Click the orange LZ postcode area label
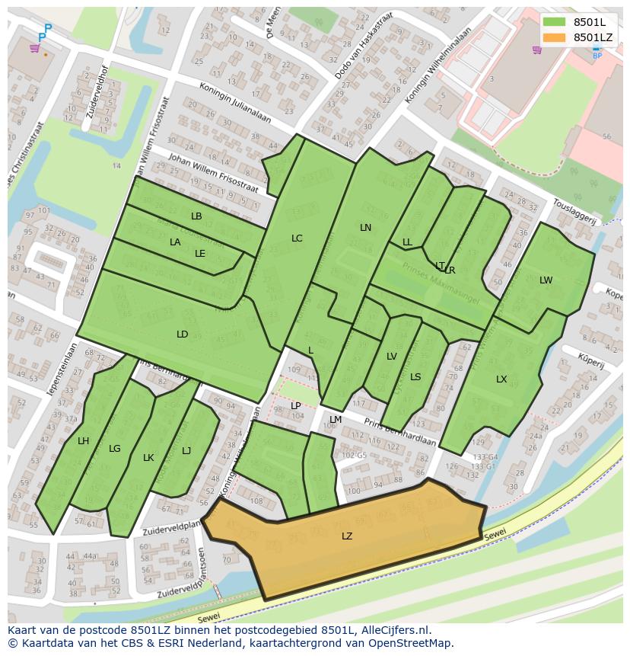(347, 536)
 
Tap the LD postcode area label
(183, 334)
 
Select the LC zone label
(297, 238)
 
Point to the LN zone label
(366, 228)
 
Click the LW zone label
(546, 280)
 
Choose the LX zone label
(501, 379)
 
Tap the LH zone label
(84, 441)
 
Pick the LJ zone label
(186, 451)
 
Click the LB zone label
(196, 216)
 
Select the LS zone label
(415, 377)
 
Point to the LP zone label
(296, 406)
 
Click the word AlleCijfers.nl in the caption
(393, 630)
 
